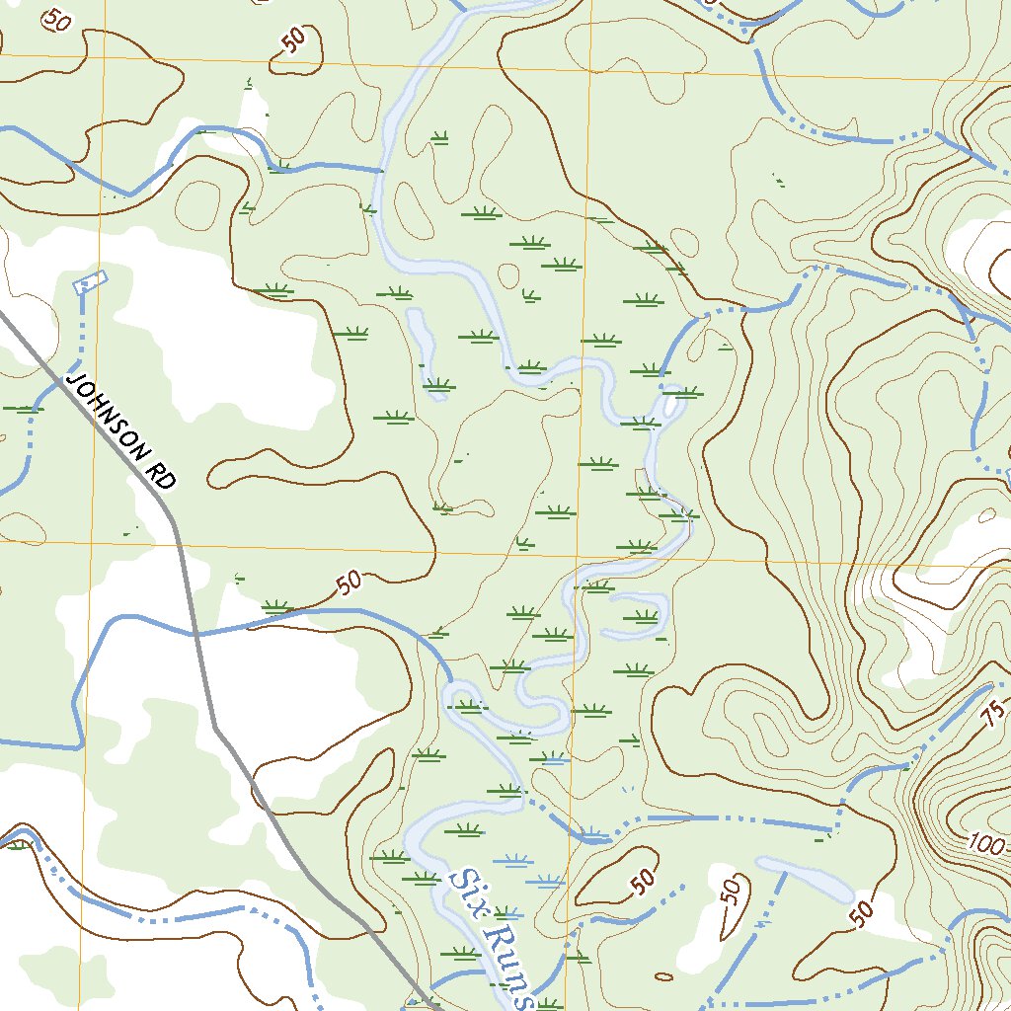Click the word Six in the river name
[x=465, y=886]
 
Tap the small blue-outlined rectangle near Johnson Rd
[x=89, y=282]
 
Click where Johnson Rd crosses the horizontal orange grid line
[x=177, y=543]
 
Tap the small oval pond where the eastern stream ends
[x=673, y=404]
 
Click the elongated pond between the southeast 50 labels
[x=806, y=880]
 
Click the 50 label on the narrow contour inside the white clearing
[x=731, y=894]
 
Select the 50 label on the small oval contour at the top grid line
[x=293, y=39]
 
